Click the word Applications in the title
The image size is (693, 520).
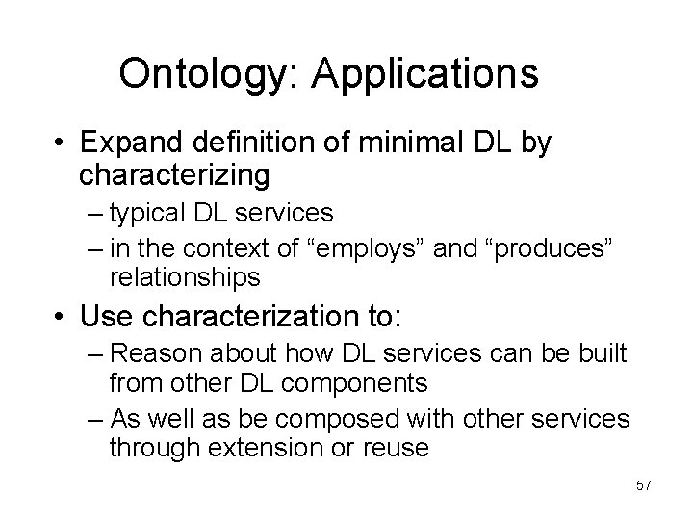click(x=424, y=73)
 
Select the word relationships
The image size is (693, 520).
click(x=185, y=278)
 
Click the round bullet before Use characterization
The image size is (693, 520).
click(x=61, y=315)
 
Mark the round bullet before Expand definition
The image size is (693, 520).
click(x=61, y=144)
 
